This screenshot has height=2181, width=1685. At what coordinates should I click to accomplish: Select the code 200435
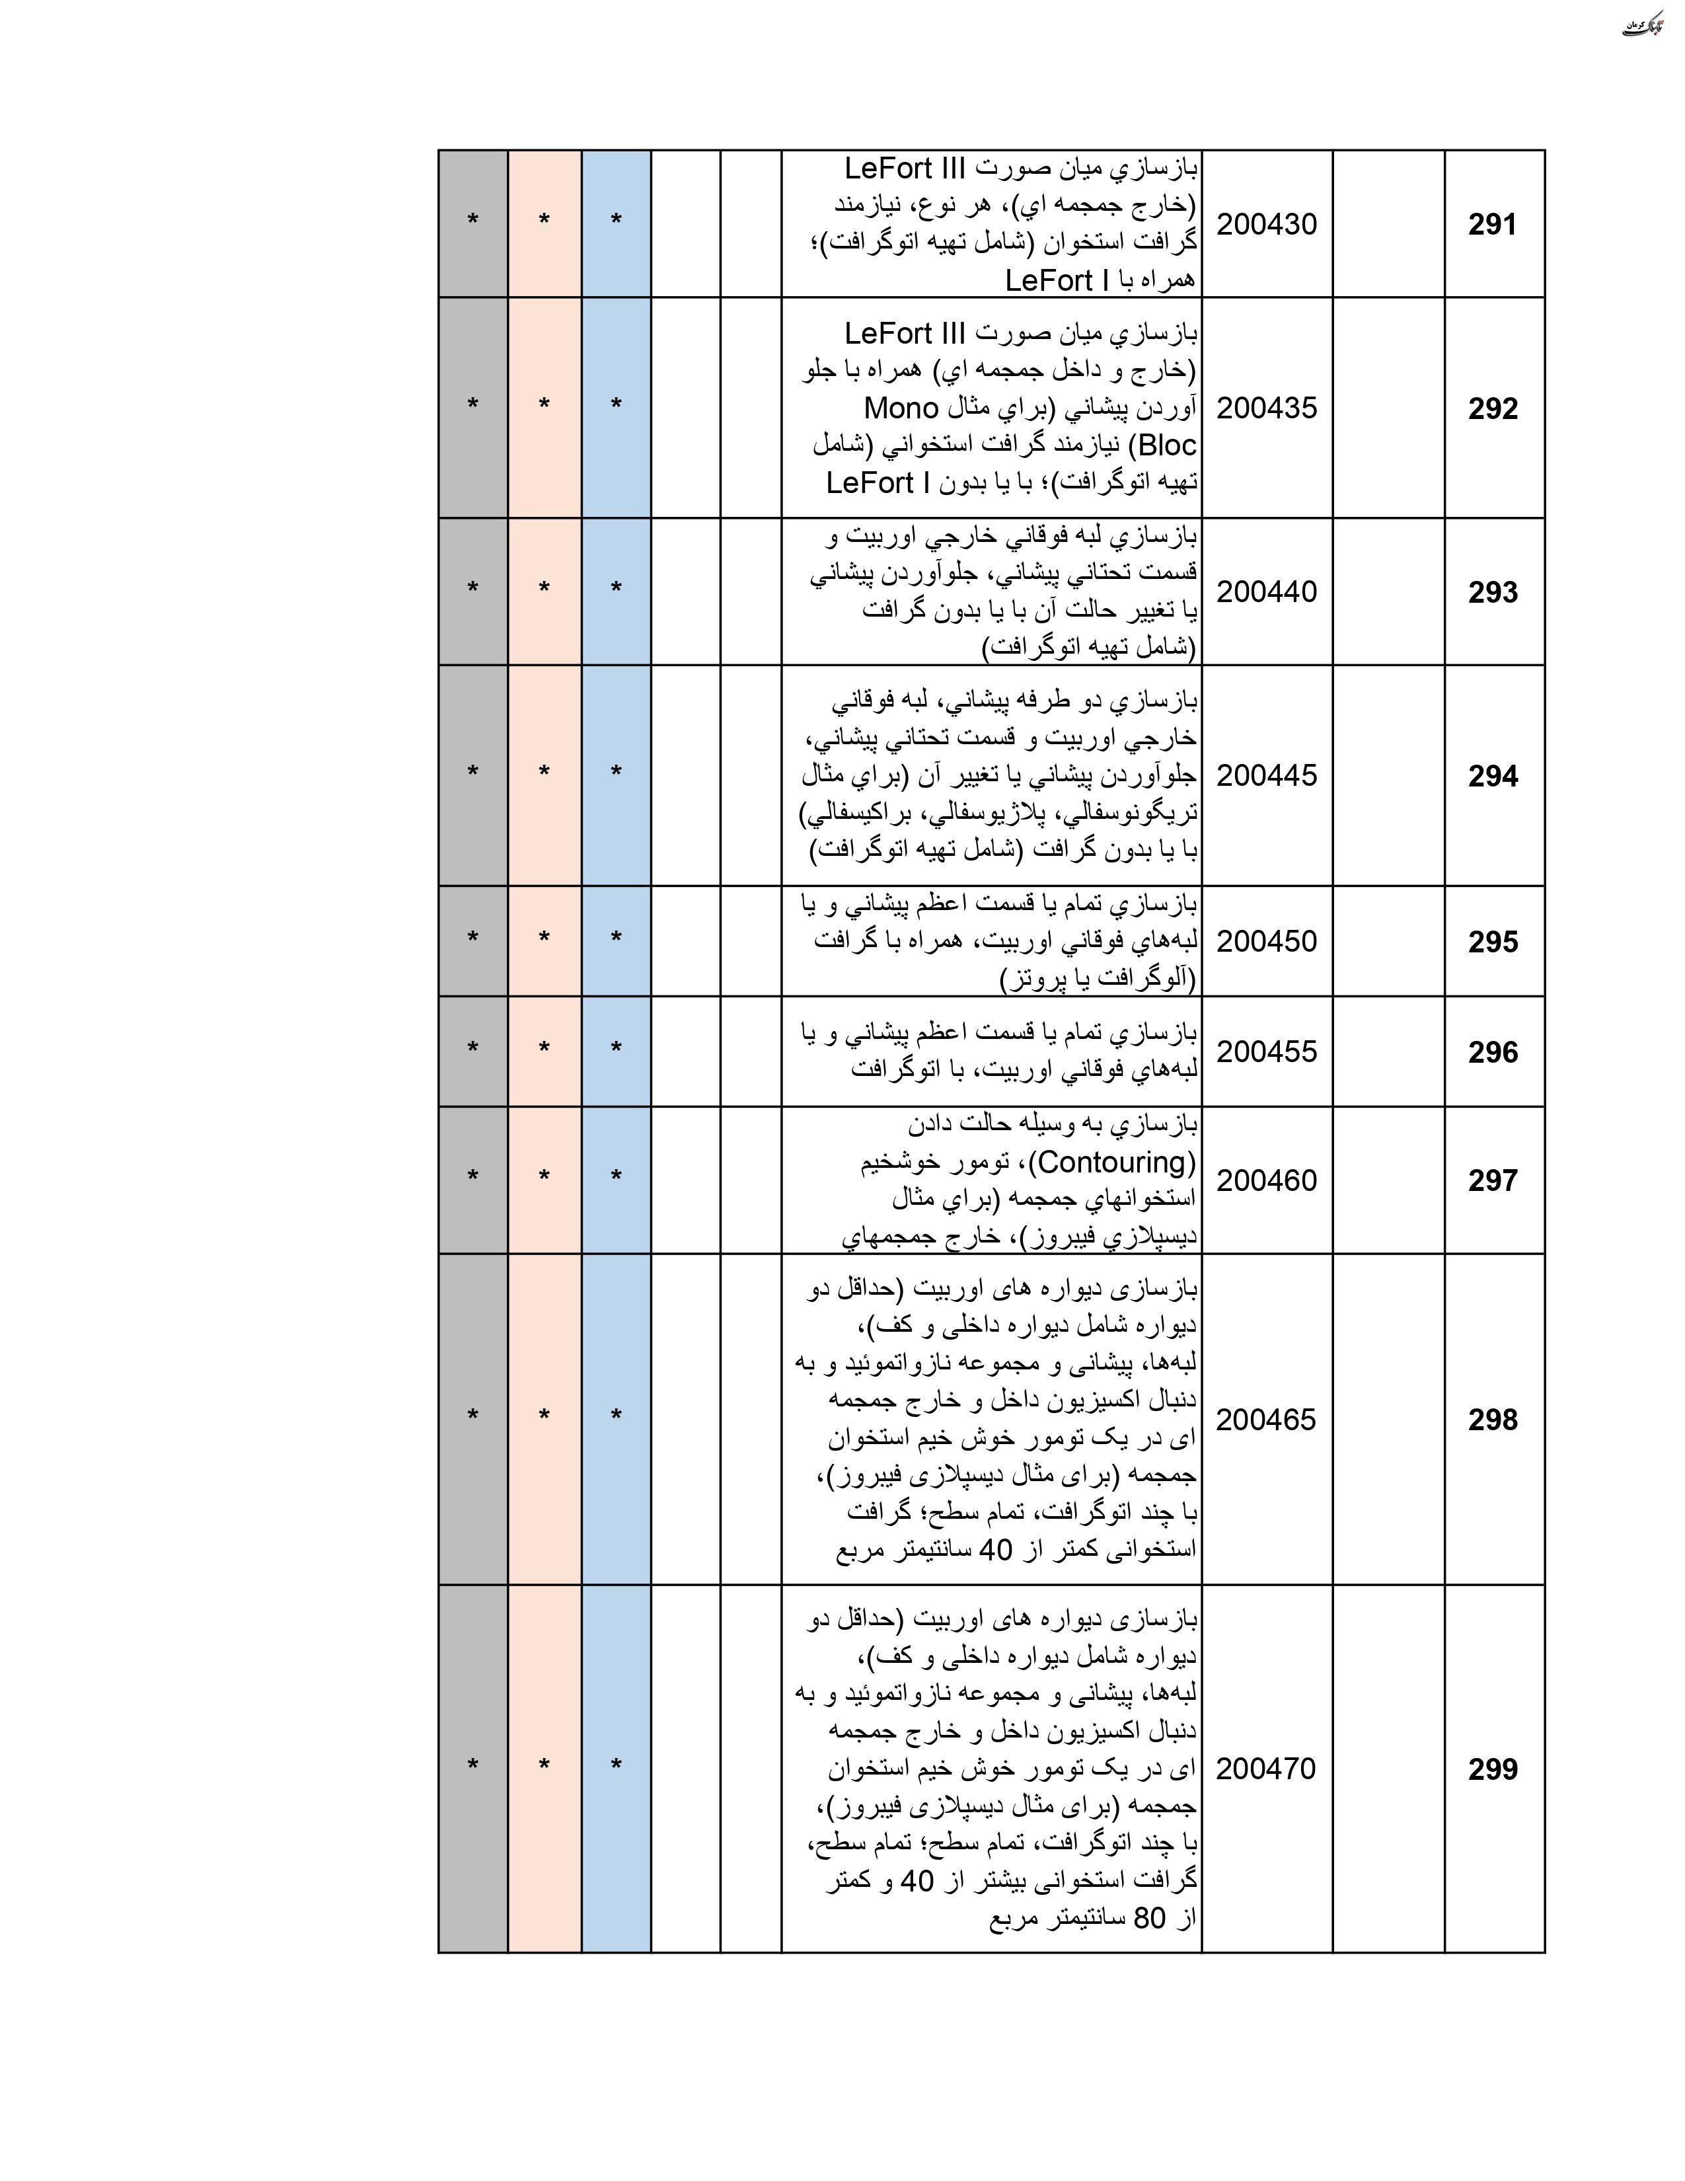1267,408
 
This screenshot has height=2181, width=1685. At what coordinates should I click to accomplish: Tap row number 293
1492,592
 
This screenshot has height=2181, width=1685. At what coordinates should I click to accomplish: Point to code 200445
1267,776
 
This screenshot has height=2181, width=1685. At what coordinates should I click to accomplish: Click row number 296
1492,1052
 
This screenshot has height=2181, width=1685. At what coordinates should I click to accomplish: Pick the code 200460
1267,1180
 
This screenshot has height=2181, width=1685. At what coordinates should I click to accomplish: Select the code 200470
1267,1769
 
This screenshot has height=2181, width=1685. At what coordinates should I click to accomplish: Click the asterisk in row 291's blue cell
616,221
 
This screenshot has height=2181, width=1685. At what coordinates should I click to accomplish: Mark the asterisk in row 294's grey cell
472,772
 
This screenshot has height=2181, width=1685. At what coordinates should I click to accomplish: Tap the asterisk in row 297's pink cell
544,1176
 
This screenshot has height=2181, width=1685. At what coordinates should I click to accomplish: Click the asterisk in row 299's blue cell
616,1765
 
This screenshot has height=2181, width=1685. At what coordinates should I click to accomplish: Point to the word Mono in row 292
901,408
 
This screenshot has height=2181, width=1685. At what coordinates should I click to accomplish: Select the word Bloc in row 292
1167,445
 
